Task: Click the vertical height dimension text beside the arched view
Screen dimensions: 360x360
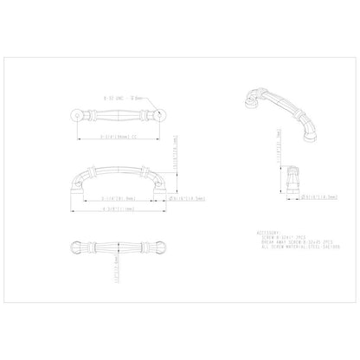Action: point(176,153)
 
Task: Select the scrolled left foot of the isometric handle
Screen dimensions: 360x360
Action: point(244,98)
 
